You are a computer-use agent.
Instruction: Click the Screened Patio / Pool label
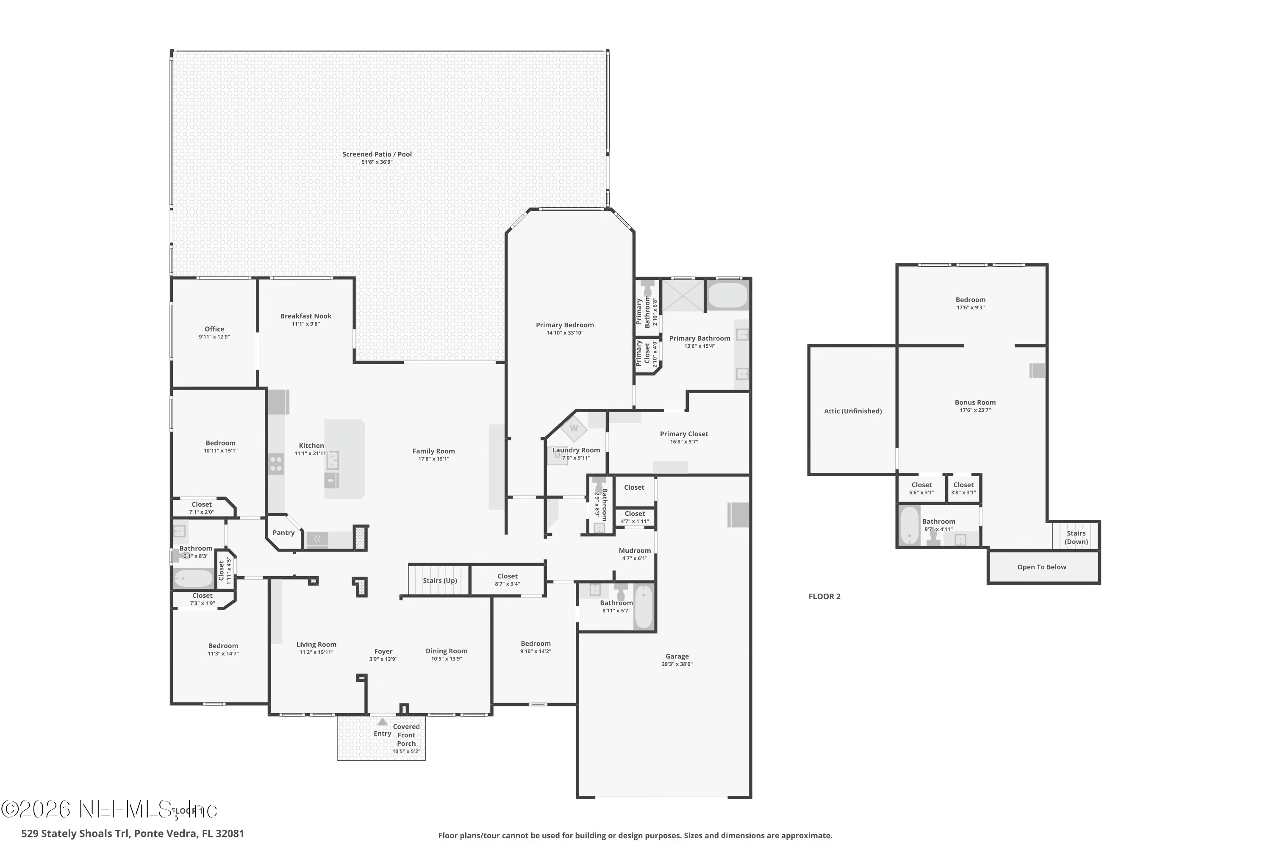click(x=377, y=154)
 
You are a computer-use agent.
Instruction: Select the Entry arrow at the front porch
click(x=382, y=722)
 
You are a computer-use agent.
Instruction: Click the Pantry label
click(x=283, y=533)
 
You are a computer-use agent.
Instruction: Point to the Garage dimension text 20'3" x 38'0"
click(x=677, y=664)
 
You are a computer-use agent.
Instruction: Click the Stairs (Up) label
click(x=439, y=580)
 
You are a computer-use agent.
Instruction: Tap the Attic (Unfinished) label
click(x=852, y=411)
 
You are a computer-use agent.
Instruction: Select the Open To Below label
click(x=1041, y=567)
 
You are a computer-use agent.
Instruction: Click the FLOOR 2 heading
click(x=824, y=597)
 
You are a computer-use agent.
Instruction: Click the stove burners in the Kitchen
click(x=276, y=464)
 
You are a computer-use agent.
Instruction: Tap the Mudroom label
click(x=634, y=550)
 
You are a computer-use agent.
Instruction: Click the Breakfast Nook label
click(x=305, y=316)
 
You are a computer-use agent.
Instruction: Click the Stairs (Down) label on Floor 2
click(x=1076, y=537)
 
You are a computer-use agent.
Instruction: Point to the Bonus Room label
click(x=975, y=402)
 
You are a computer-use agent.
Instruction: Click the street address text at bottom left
click(x=132, y=834)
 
